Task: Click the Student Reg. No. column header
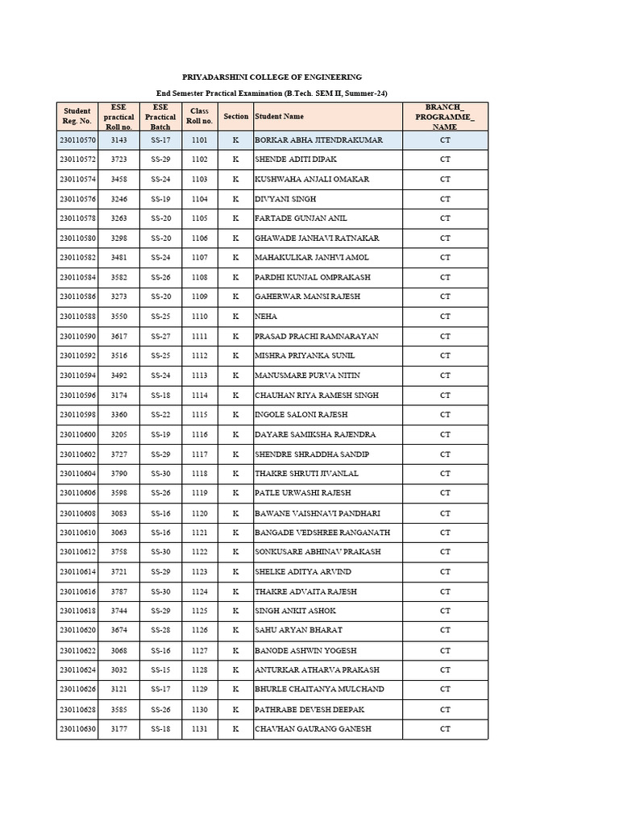pyautogui.click(x=77, y=116)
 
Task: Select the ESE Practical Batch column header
pyautogui.click(x=160, y=116)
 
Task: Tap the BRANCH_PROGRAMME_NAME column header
pyautogui.click(x=445, y=116)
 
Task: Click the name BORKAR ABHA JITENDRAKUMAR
pyautogui.click(x=318, y=140)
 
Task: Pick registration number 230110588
pyautogui.click(x=77, y=317)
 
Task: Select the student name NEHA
pyautogui.click(x=266, y=317)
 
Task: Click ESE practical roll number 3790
pyautogui.click(x=119, y=474)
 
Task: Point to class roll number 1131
pyautogui.click(x=199, y=729)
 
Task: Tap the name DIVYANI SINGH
pyautogui.click(x=285, y=199)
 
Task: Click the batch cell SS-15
pyautogui.click(x=160, y=670)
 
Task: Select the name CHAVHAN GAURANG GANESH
pyautogui.click(x=313, y=729)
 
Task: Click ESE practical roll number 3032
pyautogui.click(x=119, y=670)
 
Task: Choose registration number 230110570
pyautogui.click(x=77, y=140)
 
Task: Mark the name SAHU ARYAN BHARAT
pyautogui.click(x=298, y=630)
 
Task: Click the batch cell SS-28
pyautogui.click(x=160, y=630)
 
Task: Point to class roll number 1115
pyautogui.click(x=199, y=415)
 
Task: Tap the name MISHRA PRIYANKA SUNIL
pyautogui.click(x=305, y=355)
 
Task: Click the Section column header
pyautogui.click(x=236, y=116)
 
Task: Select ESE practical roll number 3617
pyautogui.click(x=119, y=336)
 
